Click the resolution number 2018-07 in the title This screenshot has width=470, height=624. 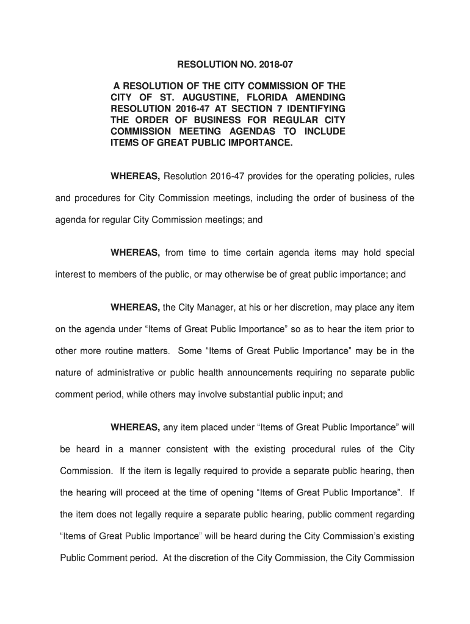282,63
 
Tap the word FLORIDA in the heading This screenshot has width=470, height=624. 270,97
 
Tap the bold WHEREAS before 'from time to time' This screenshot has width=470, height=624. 135,253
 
